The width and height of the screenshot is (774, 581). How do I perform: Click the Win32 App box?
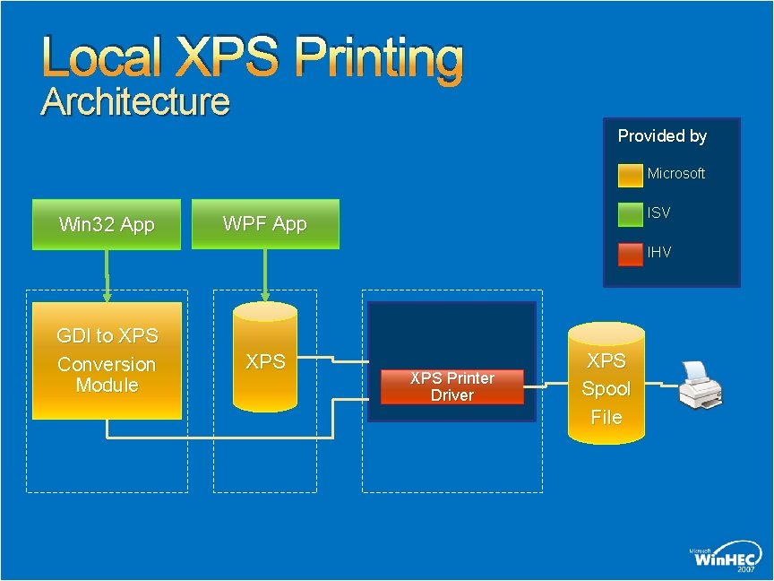(107, 224)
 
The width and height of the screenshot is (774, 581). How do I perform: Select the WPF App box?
(265, 223)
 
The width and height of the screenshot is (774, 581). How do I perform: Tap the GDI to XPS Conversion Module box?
(107, 360)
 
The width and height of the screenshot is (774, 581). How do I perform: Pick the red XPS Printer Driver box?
(452, 386)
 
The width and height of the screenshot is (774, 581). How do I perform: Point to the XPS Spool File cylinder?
(606, 386)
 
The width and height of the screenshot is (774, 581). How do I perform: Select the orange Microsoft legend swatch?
(631, 174)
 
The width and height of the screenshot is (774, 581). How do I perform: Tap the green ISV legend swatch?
(631, 213)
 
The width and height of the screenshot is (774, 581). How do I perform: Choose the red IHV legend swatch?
(631, 253)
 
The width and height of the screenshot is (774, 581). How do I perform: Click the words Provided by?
(662, 136)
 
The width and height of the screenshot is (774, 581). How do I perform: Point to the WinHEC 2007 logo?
(726, 560)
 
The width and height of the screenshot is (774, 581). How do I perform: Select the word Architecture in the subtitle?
(136, 102)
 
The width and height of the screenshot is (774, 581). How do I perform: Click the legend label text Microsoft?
(676, 174)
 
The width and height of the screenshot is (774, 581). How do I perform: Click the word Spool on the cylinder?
(606, 389)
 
